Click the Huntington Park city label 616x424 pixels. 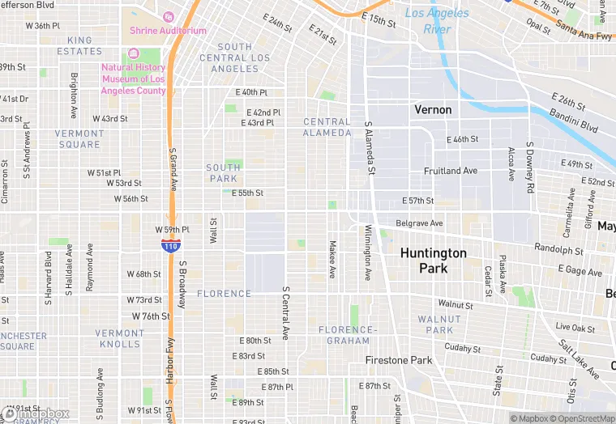click(434, 260)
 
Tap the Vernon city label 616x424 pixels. click(433, 109)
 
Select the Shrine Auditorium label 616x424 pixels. click(169, 31)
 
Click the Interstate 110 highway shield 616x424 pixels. click(170, 245)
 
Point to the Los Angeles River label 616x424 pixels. click(437, 21)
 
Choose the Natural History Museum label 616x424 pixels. click(134, 79)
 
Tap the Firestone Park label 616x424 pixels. click(399, 359)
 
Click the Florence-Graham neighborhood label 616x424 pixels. click(348, 335)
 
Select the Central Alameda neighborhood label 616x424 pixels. click(327, 127)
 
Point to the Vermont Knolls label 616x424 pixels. click(118, 338)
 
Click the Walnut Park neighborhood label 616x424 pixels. click(439, 324)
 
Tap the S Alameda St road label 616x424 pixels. click(370, 148)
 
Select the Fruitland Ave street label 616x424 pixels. click(451, 171)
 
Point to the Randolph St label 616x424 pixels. click(558, 249)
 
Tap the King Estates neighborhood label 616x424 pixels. click(79, 45)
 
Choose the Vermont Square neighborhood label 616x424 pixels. click(79, 139)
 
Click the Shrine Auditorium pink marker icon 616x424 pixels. click(169, 16)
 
